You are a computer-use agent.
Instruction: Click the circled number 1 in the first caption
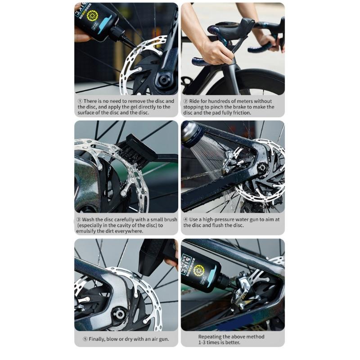click(x=80, y=101)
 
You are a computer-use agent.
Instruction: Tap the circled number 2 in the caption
click(x=186, y=101)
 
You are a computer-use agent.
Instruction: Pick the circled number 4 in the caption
click(x=186, y=219)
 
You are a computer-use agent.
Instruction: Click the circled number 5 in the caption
click(x=80, y=338)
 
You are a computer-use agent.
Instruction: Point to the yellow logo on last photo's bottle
click(x=198, y=270)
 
